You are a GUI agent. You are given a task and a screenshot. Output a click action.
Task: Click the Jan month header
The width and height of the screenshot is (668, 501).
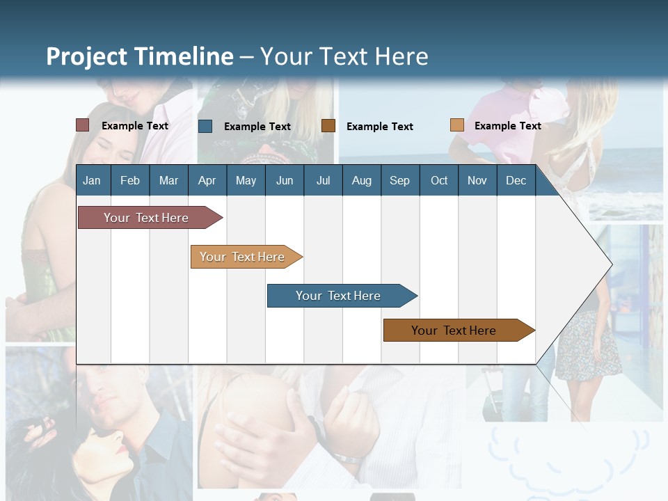92,181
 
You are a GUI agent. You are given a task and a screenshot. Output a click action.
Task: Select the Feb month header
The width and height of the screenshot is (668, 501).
130,181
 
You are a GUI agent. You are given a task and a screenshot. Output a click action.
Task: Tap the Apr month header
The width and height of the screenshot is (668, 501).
207,181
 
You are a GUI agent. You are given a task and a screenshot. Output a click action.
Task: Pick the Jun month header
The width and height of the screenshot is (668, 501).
285,181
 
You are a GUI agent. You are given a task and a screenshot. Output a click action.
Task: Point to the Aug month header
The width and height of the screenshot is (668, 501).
361,181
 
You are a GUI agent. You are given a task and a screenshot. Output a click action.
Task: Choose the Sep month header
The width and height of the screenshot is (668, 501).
399,181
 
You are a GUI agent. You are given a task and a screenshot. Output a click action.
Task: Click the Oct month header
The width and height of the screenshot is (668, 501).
439,181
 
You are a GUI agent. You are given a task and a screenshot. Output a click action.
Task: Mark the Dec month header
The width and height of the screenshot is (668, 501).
516,181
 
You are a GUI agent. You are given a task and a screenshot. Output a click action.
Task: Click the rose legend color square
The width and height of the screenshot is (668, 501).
82,125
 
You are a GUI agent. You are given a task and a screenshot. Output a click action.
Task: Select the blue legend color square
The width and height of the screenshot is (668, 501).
205,126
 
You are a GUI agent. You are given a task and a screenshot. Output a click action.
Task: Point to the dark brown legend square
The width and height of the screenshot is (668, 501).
328,126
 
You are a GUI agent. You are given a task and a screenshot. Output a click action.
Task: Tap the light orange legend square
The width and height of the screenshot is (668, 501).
456,125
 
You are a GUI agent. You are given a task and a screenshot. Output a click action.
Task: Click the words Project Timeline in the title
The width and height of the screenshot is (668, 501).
140,56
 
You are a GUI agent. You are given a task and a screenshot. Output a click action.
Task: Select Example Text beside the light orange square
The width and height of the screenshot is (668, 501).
507,126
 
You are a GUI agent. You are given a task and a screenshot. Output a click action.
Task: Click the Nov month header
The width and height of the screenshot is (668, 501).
477,181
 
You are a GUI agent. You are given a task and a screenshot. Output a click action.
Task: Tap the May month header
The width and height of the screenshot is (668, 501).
246,181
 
